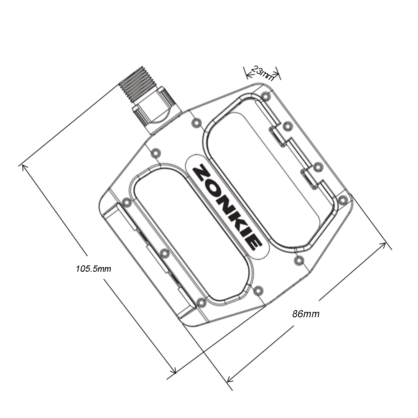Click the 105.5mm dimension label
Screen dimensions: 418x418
click(93, 268)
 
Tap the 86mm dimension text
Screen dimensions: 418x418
click(306, 314)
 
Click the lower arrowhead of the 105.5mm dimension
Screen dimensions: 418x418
click(174, 371)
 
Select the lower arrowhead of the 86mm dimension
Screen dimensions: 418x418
click(228, 380)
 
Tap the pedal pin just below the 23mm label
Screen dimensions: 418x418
click(265, 97)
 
